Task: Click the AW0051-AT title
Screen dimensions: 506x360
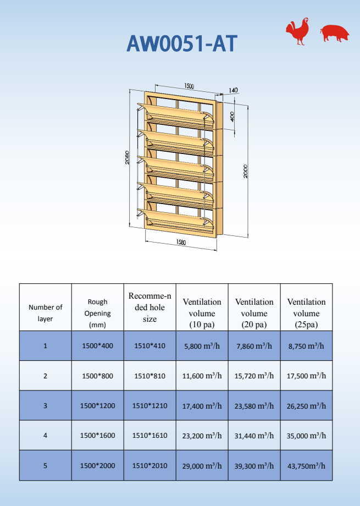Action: [182, 43]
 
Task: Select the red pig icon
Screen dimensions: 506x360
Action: [335, 33]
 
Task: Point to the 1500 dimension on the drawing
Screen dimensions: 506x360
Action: [189, 86]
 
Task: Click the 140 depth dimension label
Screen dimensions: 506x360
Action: [233, 90]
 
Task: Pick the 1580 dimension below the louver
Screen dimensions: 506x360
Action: [181, 243]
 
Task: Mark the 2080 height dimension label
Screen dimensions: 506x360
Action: [127, 157]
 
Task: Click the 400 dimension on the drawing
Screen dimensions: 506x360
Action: [232, 117]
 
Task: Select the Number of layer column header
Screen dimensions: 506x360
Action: [45, 313]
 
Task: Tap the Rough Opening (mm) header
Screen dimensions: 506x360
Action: [97, 313]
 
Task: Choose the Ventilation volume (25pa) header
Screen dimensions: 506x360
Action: [306, 313]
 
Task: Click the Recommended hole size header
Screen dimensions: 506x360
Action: [149, 307]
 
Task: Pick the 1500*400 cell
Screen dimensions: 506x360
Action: [97, 346]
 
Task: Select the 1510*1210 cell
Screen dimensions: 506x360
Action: [149, 405]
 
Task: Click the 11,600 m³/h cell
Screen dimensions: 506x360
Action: [202, 376]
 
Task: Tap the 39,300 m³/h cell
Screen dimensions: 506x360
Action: [254, 465]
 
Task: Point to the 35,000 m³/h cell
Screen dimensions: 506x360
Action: [306, 435]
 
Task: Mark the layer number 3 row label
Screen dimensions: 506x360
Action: [45, 405]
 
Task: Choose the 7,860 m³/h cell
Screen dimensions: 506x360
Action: [254, 346]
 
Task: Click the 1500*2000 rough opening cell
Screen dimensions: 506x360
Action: [97, 465]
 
